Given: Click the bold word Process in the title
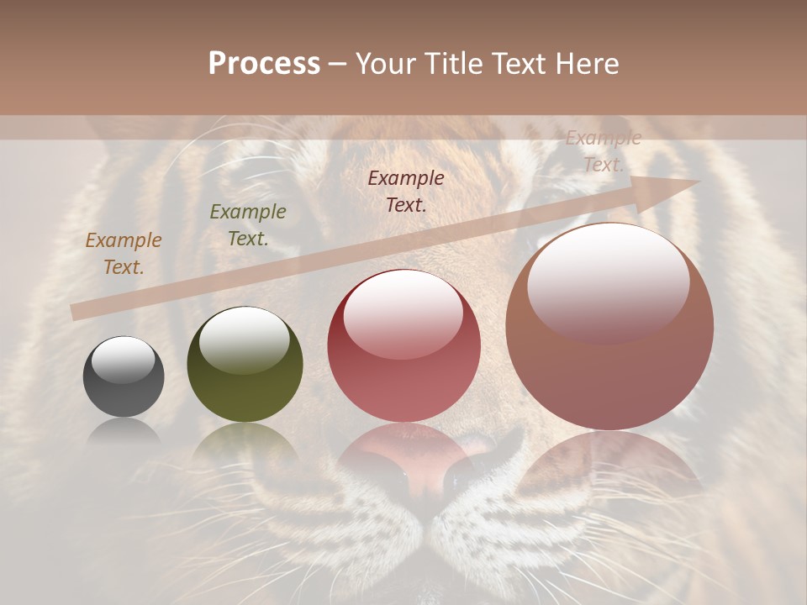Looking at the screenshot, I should coord(264,64).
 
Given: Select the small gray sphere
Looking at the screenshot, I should coord(124,376).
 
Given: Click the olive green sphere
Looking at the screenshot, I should coord(245,365).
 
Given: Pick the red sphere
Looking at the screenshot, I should coord(404,345).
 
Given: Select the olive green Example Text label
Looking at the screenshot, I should coord(248,225).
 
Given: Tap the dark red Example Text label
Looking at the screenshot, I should coord(406,191).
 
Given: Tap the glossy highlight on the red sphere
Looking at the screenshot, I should coord(403,312).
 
